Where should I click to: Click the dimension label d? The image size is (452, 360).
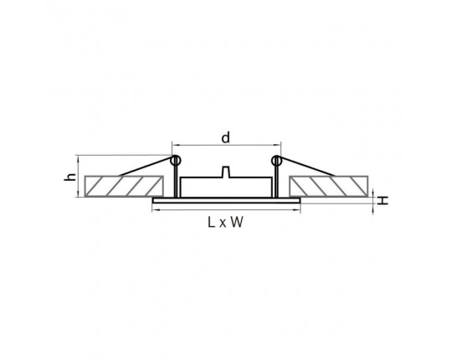point(226,137)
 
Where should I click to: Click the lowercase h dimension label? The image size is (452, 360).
point(70,177)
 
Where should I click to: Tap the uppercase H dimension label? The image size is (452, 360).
point(383,200)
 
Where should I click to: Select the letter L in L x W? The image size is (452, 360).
point(211,222)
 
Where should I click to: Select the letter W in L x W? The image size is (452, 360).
point(237,222)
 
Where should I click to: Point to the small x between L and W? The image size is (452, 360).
point(223,224)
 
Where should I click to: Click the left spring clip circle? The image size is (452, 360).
point(175,161)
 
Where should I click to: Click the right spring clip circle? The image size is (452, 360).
point(276,161)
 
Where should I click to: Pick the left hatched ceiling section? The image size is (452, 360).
point(124,186)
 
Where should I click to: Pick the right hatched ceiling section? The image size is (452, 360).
point(329,186)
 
